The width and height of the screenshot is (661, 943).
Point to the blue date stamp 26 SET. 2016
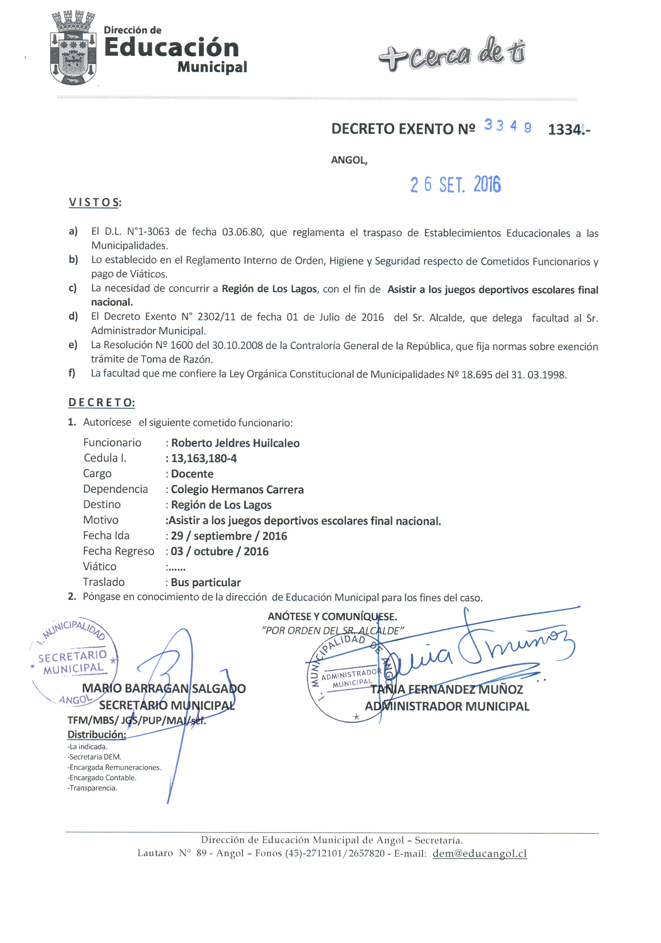pyautogui.click(x=455, y=184)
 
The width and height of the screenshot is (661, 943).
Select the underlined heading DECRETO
pyautogui.click(x=101, y=403)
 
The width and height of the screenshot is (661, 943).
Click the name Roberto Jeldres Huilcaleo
pyautogui.click(x=235, y=443)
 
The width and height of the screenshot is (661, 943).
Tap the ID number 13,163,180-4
pyautogui.click(x=204, y=458)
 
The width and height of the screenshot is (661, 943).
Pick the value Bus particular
pyautogui.click(x=206, y=582)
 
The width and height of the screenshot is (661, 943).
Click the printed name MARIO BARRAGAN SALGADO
pyautogui.click(x=163, y=688)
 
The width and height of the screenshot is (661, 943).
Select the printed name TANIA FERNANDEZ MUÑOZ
pyautogui.click(x=447, y=689)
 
